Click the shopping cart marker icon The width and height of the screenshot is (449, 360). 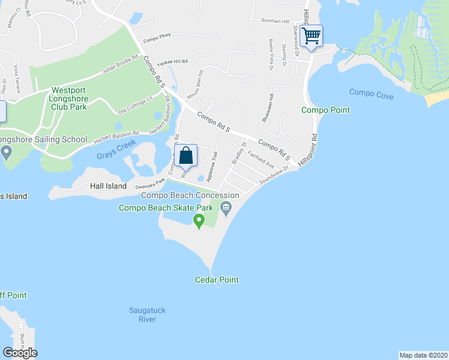click(312, 35)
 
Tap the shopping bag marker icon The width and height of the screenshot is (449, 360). click(186, 155)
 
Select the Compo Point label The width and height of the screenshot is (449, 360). click(325, 110)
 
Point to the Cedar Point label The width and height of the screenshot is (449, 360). click(217, 280)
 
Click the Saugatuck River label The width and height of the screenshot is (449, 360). click(147, 314)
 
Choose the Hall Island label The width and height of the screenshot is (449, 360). click(108, 186)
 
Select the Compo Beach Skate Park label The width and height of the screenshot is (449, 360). click(166, 208)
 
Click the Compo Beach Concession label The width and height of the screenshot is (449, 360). click(190, 195)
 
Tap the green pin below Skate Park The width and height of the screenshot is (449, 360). click(199, 221)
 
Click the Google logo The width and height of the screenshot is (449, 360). click(20, 353)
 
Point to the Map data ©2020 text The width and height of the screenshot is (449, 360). click(423, 355)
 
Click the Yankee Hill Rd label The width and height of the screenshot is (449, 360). click(172, 62)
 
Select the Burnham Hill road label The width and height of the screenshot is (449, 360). click(275, 20)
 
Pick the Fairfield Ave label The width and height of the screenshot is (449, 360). click(261, 161)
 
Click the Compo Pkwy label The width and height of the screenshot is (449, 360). click(157, 35)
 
